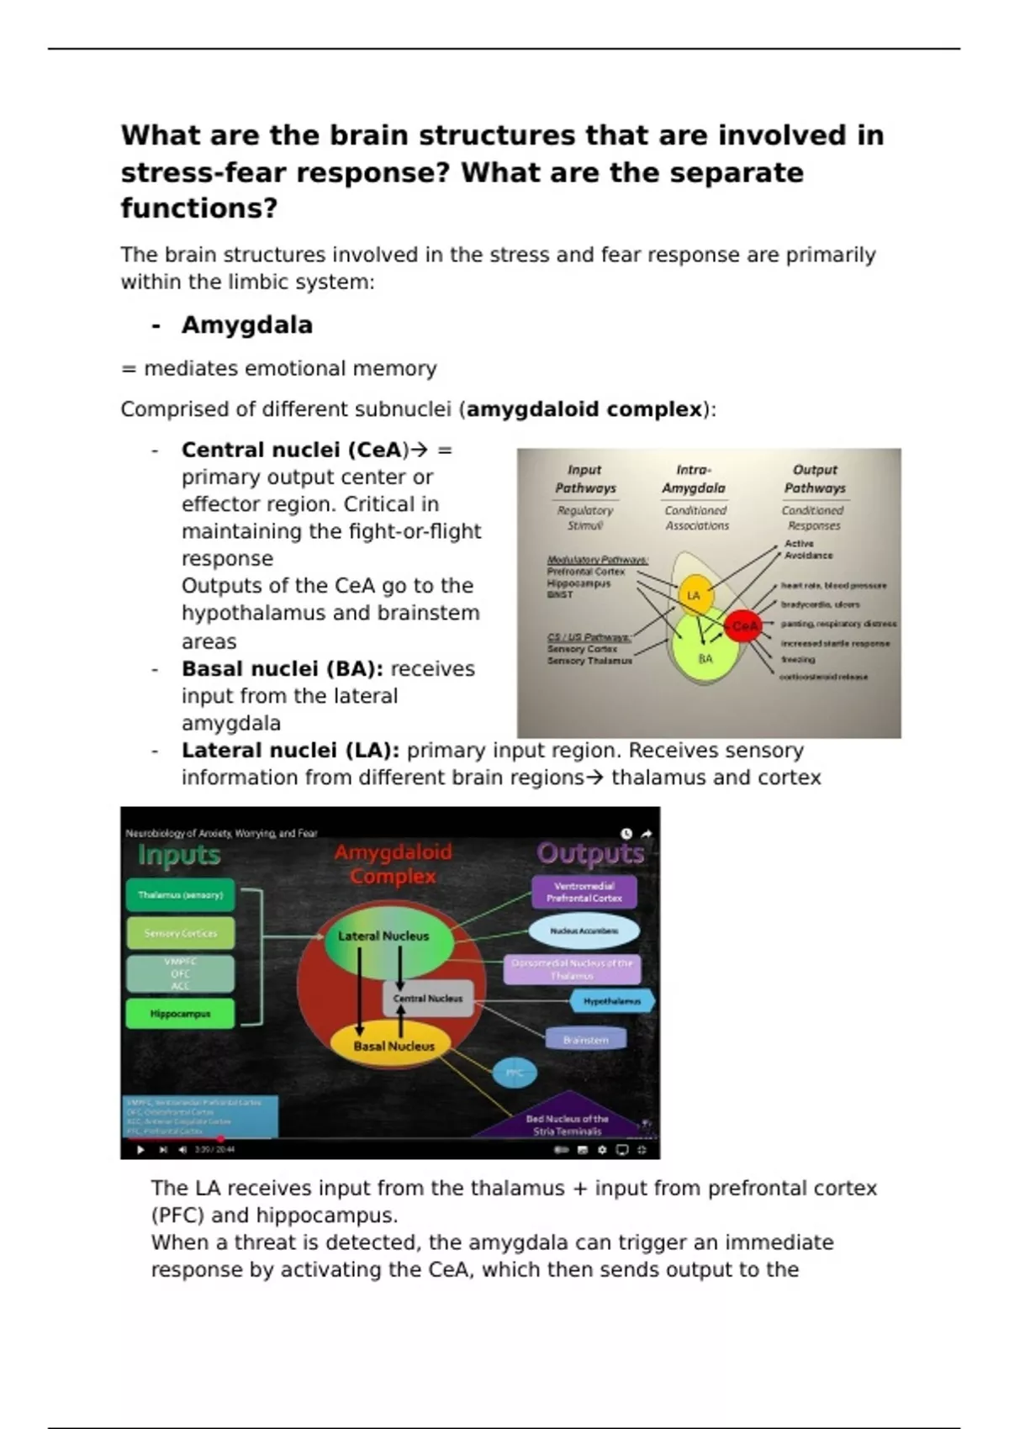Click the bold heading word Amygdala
246,325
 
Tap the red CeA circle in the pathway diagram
743,626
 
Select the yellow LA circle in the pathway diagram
695,595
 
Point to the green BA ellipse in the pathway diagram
705,655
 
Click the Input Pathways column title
585,478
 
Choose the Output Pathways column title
814,478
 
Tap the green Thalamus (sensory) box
181,895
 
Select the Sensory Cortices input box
181,933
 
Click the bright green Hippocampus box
181,1014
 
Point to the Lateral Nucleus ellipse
384,936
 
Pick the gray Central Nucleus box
428,999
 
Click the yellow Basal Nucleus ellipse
394,1046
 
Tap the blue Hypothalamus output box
612,1001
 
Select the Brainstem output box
586,1040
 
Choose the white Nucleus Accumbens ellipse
584,931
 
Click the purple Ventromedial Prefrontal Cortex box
584,892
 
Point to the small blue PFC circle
514,1073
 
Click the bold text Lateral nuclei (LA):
290,751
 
